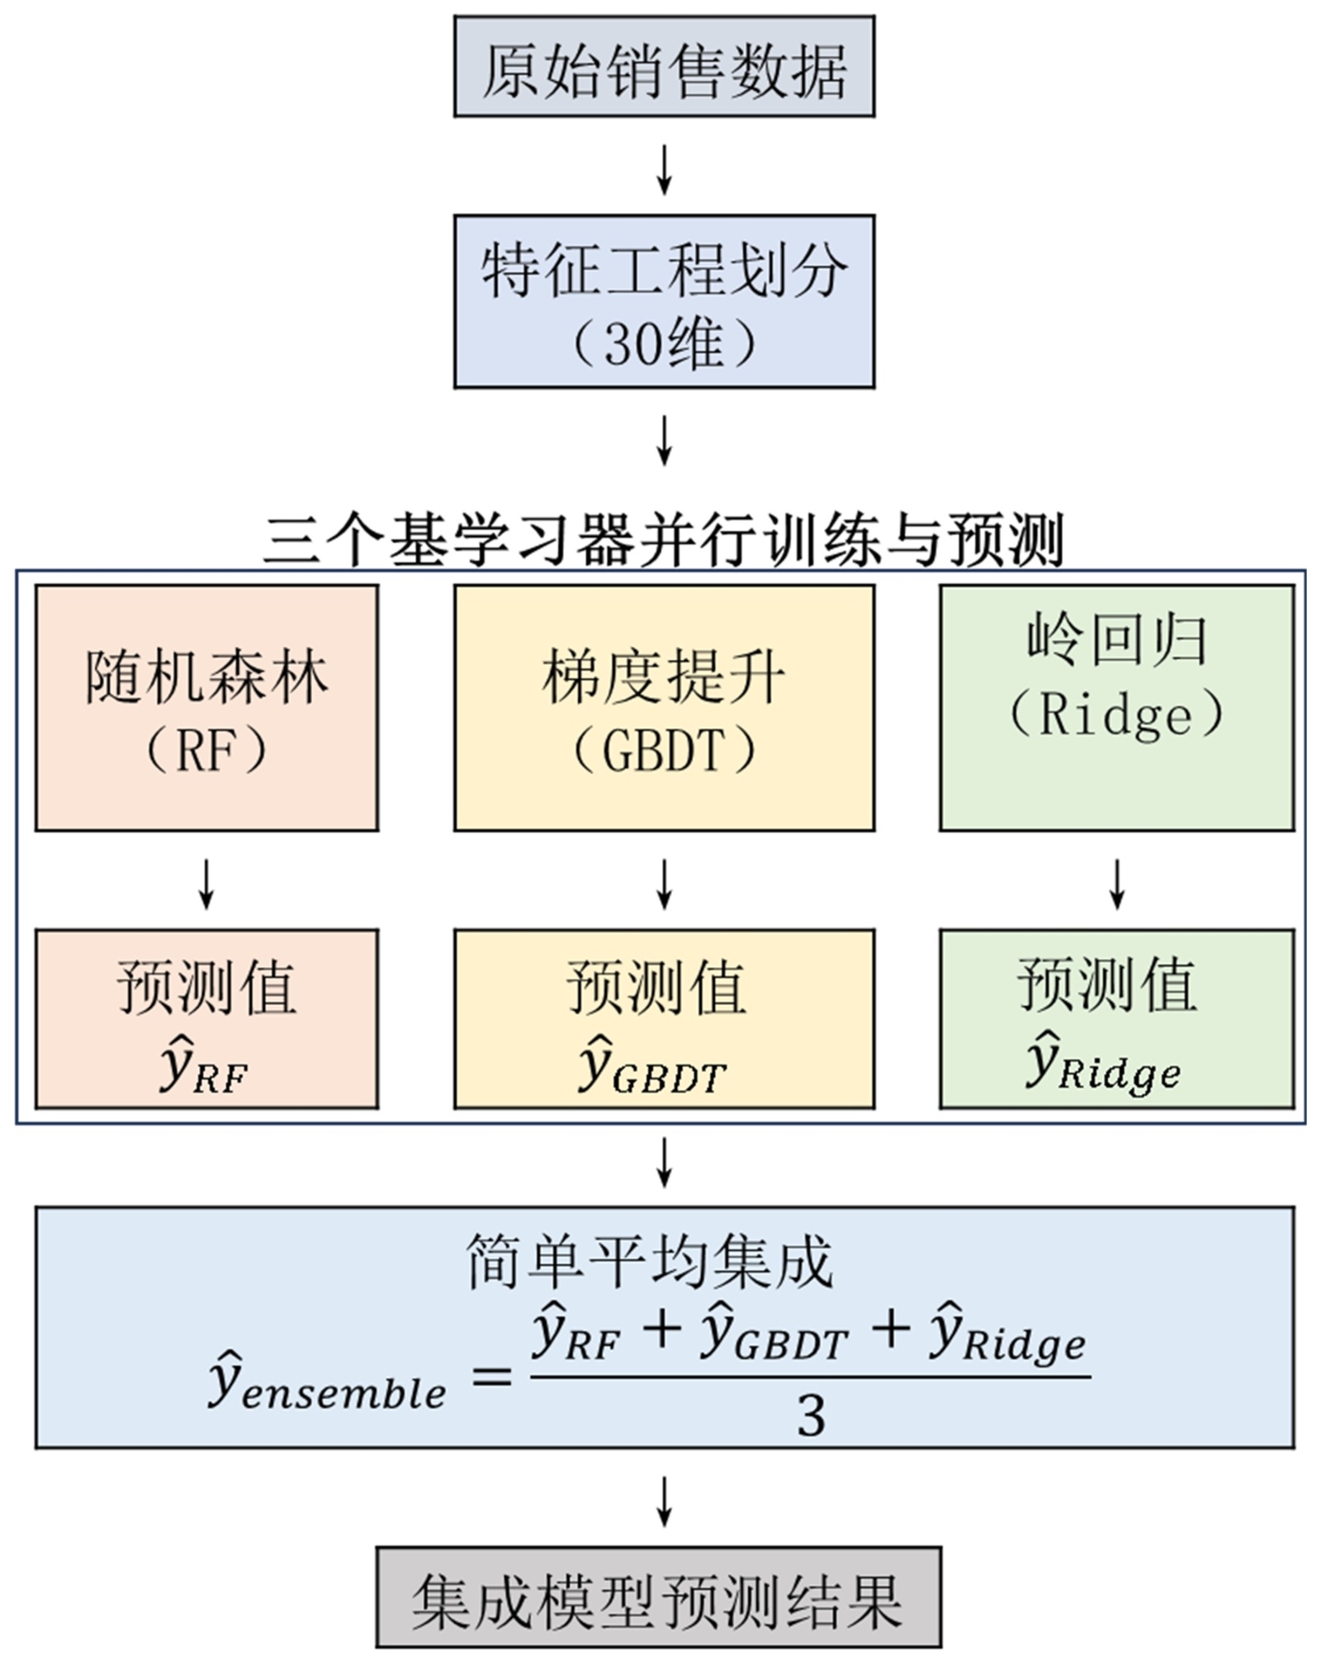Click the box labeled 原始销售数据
click(664, 66)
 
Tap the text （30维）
click(664, 344)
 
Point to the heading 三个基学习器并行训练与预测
click(664, 541)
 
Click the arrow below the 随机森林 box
click(206, 885)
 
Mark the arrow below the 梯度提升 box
click(664, 885)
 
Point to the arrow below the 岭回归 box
click(1116, 885)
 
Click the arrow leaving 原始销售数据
click(664, 170)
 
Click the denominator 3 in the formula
click(811, 1416)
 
